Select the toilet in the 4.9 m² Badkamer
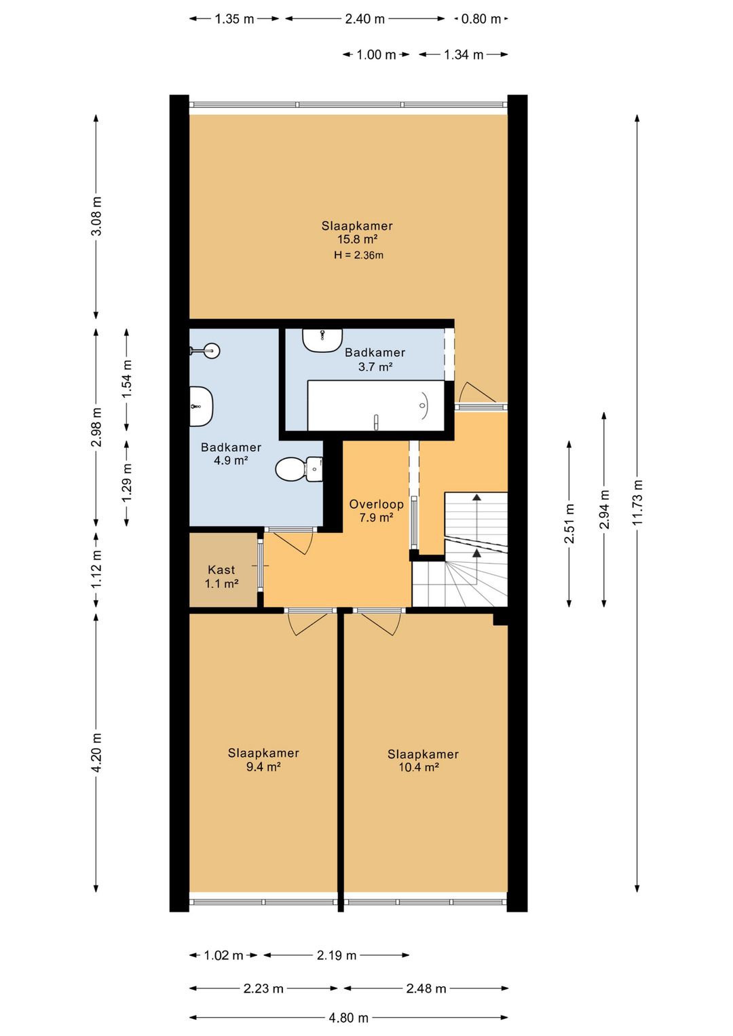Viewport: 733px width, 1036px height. coord(299,469)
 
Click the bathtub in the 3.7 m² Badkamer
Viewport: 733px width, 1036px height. coord(376,405)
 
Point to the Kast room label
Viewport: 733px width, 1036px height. coord(221,570)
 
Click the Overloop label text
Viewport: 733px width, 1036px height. coord(377,504)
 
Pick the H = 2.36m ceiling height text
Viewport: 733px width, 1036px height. coord(359,255)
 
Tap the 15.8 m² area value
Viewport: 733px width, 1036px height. coord(358,240)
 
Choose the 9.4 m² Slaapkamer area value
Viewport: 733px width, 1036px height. coord(263,766)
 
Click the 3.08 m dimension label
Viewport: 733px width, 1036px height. coord(96,216)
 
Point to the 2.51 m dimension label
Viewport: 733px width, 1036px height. coord(569,523)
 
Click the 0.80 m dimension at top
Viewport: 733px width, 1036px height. coord(481,19)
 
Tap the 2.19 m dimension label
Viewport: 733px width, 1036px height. coord(337,955)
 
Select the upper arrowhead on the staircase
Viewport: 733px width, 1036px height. coord(476,497)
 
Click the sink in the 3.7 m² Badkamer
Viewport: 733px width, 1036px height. coord(323,340)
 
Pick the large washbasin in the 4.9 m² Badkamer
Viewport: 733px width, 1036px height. coord(201,407)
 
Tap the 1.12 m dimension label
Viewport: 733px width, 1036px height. coord(96,570)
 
